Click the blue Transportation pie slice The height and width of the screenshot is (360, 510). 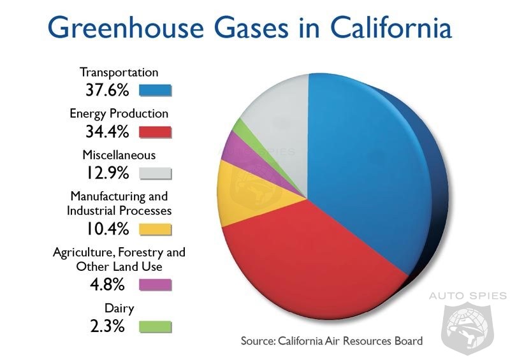364,169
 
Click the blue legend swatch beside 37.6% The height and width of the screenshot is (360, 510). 155,90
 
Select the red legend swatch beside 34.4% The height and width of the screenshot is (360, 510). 155,132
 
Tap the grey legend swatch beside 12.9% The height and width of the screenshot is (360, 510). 155,173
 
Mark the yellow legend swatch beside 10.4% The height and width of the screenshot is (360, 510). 155,229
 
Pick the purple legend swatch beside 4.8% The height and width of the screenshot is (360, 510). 155,285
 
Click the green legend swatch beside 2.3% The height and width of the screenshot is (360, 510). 155,326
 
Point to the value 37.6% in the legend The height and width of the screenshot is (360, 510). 107,90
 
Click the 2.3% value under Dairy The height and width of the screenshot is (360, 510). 107,326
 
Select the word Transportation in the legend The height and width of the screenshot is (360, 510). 119,72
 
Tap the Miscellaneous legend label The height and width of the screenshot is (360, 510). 119,155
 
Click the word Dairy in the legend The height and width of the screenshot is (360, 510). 119,308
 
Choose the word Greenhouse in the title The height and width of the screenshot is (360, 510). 126,27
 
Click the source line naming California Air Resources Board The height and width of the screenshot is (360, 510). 331,341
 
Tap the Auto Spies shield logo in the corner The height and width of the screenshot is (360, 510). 467,328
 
